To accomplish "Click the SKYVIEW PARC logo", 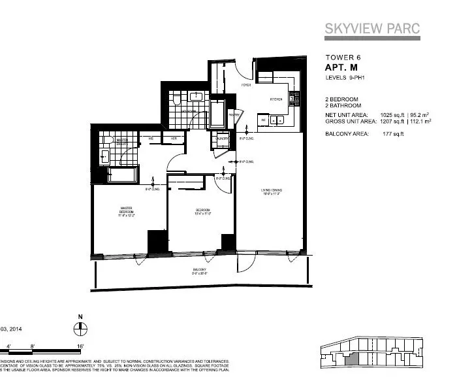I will pyautogui.click(x=372, y=29).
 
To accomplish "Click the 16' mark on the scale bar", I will pyautogui.click(x=79, y=343).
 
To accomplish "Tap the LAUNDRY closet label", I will pyautogui.click(x=223, y=138).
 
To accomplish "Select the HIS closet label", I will pyautogui.click(x=151, y=139).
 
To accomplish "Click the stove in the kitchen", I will pyautogui.click(x=294, y=98).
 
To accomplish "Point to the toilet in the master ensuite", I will pyautogui.click(x=104, y=156).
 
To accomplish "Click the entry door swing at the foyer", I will pyautogui.click(x=244, y=67).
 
